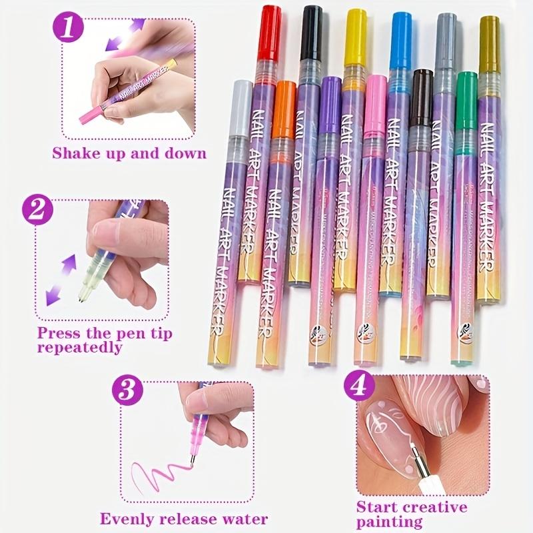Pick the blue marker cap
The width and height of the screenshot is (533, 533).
click(x=401, y=35)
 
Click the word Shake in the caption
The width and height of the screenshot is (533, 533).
click(x=75, y=153)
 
